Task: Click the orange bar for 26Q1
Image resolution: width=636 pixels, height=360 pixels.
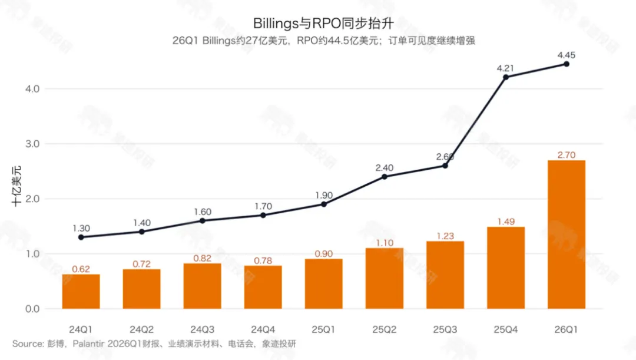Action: pos(567,235)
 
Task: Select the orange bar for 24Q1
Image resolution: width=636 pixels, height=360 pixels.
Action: pos(81,292)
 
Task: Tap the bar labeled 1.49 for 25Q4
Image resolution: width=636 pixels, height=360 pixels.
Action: pos(506,268)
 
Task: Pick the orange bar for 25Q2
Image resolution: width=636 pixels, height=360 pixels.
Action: pos(385,279)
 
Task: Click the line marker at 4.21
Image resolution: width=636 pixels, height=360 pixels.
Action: pos(506,77)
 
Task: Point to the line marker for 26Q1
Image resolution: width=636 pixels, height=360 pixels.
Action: pos(567,64)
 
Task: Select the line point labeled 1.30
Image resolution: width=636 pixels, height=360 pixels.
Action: pos(81,237)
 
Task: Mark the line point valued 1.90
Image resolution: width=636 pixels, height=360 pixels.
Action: pos(324,204)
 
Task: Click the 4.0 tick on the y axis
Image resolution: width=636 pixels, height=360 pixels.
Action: pos(32,89)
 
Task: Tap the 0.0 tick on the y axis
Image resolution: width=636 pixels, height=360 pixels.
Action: pos(32,309)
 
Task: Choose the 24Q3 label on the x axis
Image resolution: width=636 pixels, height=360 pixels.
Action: pos(203,329)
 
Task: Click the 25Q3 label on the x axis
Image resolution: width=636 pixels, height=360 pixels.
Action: pos(445,329)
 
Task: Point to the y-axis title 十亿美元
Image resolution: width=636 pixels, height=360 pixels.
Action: pos(16,186)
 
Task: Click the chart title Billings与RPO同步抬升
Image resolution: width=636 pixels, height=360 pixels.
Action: pos(323,23)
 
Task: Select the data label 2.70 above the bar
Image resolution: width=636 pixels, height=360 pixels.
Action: pos(567,155)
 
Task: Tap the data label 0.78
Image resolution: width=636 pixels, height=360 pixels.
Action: pos(263,260)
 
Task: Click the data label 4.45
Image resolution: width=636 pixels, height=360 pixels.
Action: pos(567,55)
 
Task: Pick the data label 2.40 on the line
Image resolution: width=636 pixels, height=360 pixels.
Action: pos(385,167)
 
